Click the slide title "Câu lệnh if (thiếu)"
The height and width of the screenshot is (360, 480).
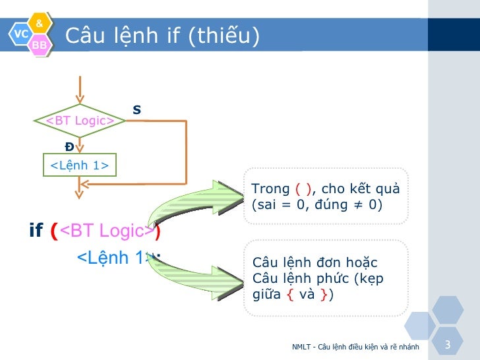pyautogui.click(x=162, y=35)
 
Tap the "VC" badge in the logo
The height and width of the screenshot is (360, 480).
pyautogui.click(x=21, y=33)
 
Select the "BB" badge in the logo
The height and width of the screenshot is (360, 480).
pyautogui.click(x=40, y=44)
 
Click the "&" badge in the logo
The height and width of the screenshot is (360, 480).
pyautogui.click(x=40, y=24)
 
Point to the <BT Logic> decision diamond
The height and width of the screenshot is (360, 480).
pyautogui.click(x=79, y=121)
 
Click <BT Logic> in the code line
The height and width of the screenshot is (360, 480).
pyautogui.click(x=107, y=231)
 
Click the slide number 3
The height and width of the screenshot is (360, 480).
pyautogui.click(x=448, y=345)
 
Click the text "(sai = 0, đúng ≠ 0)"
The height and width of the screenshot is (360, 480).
pyautogui.click(x=317, y=204)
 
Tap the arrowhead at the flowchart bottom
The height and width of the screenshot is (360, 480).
pyautogui.click(x=79, y=193)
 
